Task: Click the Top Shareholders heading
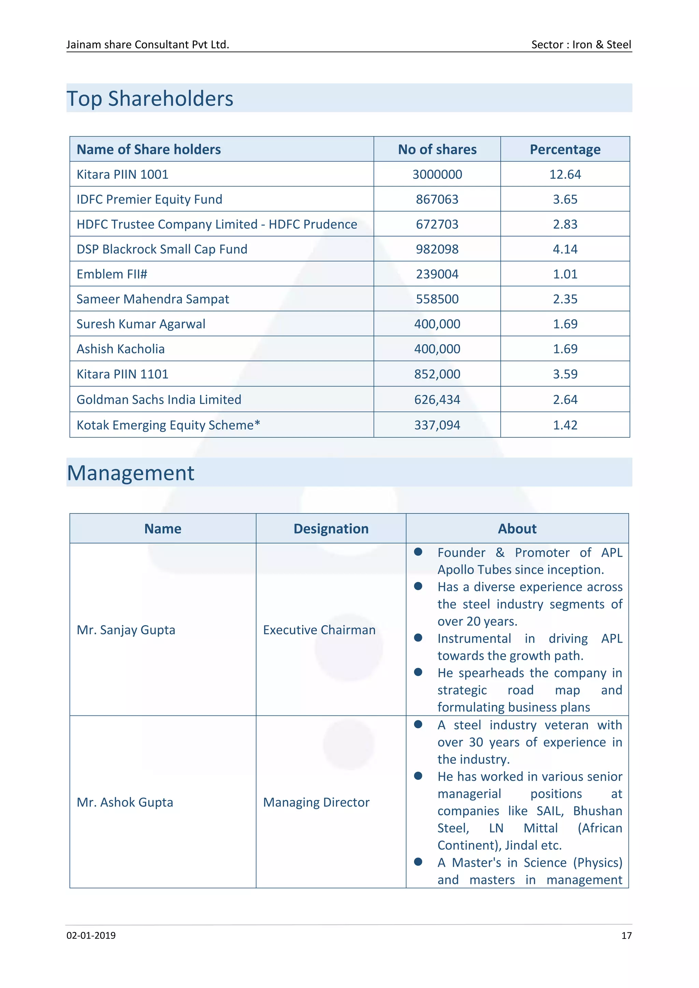tap(150, 99)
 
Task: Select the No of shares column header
tap(437, 149)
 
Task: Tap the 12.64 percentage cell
tap(565, 174)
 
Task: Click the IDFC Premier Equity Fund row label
tap(149, 199)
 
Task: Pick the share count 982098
tap(437, 249)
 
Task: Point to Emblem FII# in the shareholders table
tap(112, 274)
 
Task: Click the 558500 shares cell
tap(437, 299)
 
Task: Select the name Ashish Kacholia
tap(120, 349)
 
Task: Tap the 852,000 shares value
tap(437, 374)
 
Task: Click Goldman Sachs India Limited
tap(159, 399)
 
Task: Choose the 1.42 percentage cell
tap(565, 425)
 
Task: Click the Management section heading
tap(130, 473)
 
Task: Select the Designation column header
tap(331, 528)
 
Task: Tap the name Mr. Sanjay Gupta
tap(126, 630)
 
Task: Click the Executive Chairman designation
tap(319, 630)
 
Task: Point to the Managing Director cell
tap(316, 802)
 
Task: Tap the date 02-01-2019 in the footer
tap(91, 935)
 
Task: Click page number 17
tap(626, 935)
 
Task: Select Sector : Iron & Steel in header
tap(581, 45)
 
